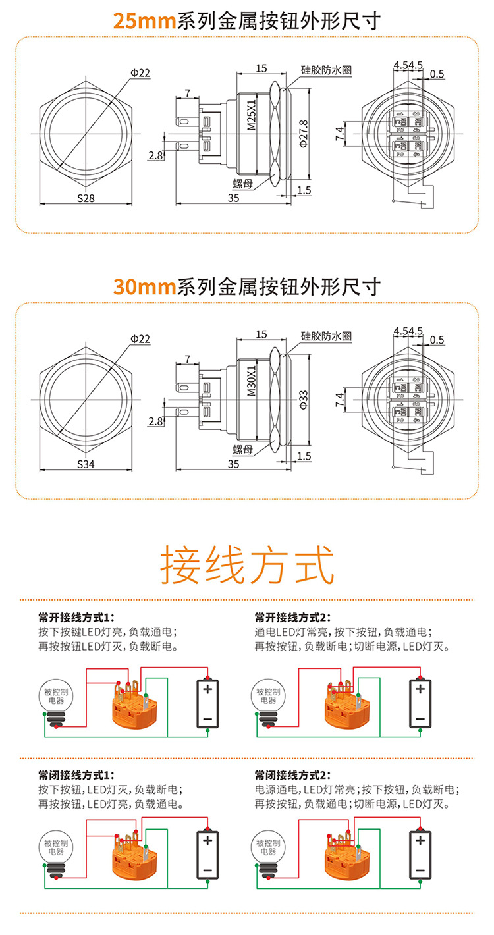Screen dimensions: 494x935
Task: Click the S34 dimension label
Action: coord(86,464)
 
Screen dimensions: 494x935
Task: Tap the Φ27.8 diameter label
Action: coord(304,132)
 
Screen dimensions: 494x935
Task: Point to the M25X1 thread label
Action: coord(251,116)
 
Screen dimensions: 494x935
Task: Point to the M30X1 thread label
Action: coord(251,382)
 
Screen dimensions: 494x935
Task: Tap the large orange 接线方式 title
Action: coord(247,565)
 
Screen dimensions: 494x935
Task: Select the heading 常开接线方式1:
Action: coord(76,617)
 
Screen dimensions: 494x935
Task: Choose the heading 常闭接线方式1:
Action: coord(76,775)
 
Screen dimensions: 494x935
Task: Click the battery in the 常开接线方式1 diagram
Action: coord(207,703)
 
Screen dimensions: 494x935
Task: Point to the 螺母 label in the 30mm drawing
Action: coord(243,450)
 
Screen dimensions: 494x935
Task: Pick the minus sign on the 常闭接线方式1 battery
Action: coord(207,870)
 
